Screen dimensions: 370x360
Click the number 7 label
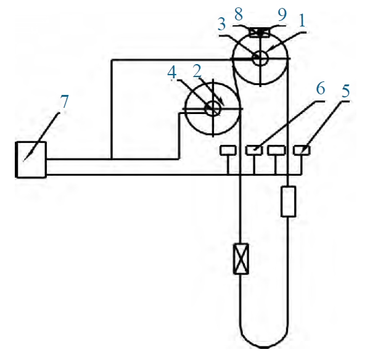(x=64, y=102)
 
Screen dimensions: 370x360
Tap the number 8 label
(x=239, y=14)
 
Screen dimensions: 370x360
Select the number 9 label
(x=282, y=14)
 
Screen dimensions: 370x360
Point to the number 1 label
(x=302, y=20)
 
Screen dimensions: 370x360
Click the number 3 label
(x=221, y=24)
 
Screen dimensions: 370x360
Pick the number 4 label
(x=172, y=72)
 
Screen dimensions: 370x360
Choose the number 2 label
(x=197, y=71)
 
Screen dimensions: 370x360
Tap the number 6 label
(x=321, y=88)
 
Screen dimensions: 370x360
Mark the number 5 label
(x=345, y=91)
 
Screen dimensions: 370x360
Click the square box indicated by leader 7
(x=31, y=160)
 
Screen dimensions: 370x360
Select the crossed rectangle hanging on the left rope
(x=241, y=259)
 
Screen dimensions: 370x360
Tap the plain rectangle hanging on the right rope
(x=289, y=201)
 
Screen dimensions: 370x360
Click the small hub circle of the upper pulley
(x=260, y=58)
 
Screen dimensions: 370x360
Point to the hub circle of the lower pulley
(x=213, y=108)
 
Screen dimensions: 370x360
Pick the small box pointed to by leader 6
(x=254, y=150)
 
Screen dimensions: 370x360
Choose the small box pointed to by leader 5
(x=302, y=150)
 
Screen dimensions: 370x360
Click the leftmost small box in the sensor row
(x=228, y=150)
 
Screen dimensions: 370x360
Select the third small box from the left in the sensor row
(x=276, y=150)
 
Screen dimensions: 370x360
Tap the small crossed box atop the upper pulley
(x=260, y=33)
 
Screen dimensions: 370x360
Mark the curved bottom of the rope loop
(x=264, y=347)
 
